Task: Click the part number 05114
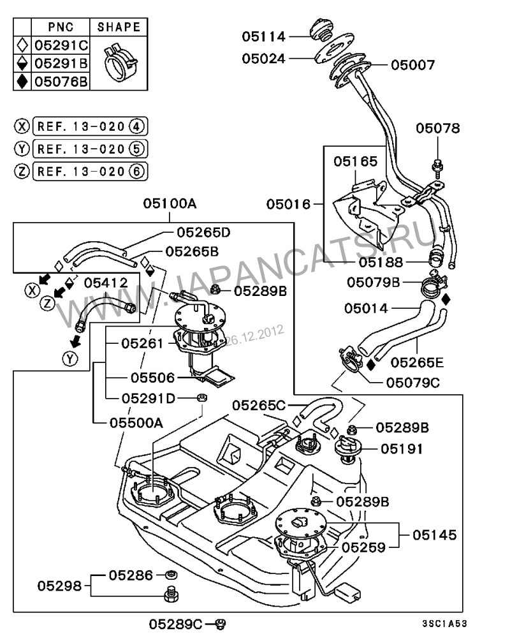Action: click(263, 36)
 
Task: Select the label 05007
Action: click(412, 65)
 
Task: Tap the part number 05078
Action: click(438, 128)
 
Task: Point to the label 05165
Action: click(355, 162)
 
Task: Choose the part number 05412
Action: click(106, 282)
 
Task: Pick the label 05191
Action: click(402, 449)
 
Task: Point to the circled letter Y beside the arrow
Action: click(71, 360)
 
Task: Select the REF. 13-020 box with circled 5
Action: click(89, 149)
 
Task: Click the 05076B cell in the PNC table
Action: click(61, 81)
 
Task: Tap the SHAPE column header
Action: click(119, 27)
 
